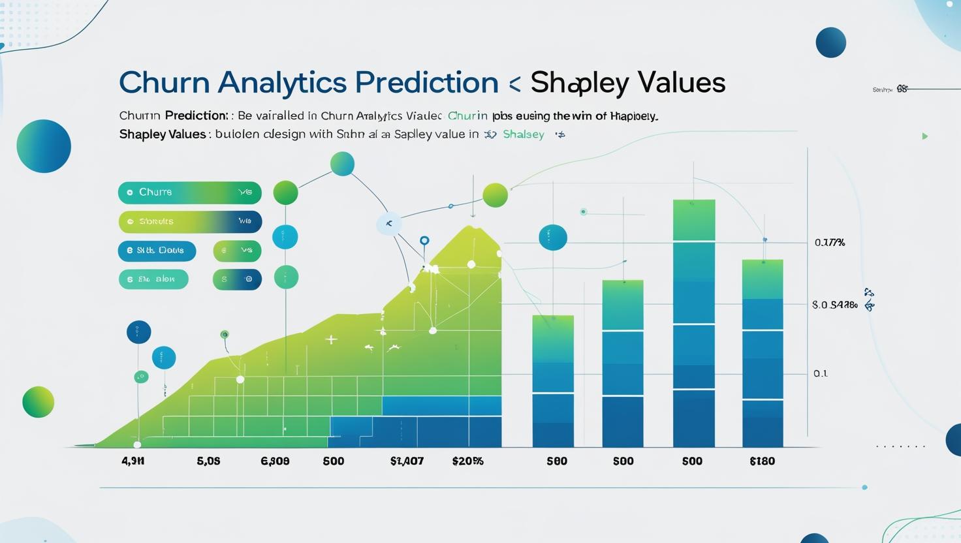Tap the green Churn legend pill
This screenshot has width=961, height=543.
tap(189, 193)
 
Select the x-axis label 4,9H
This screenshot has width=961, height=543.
tap(133, 461)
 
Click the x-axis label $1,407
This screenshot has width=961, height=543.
tap(407, 461)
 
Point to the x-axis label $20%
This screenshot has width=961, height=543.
tap(467, 461)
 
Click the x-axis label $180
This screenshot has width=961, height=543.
tap(762, 461)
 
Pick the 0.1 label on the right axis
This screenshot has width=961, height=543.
tap(821, 374)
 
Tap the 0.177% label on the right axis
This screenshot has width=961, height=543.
tap(830, 243)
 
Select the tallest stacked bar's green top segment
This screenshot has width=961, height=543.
tap(693, 221)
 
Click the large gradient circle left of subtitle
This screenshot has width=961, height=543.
tap(44, 146)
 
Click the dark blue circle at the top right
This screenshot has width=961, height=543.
tap(830, 42)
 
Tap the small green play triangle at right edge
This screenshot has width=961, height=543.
tap(924, 136)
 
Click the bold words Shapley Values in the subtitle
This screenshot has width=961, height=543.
tap(163, 134)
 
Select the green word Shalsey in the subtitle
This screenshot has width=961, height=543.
tap(524, 134)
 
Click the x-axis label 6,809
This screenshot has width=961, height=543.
tap(275, 461)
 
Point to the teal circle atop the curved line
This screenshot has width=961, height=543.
tap(342, 164)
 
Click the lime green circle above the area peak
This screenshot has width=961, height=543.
tap(495, 194)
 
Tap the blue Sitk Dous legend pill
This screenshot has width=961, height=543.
tap(157, 251)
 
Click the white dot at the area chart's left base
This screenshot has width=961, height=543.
tap(137, 445)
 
